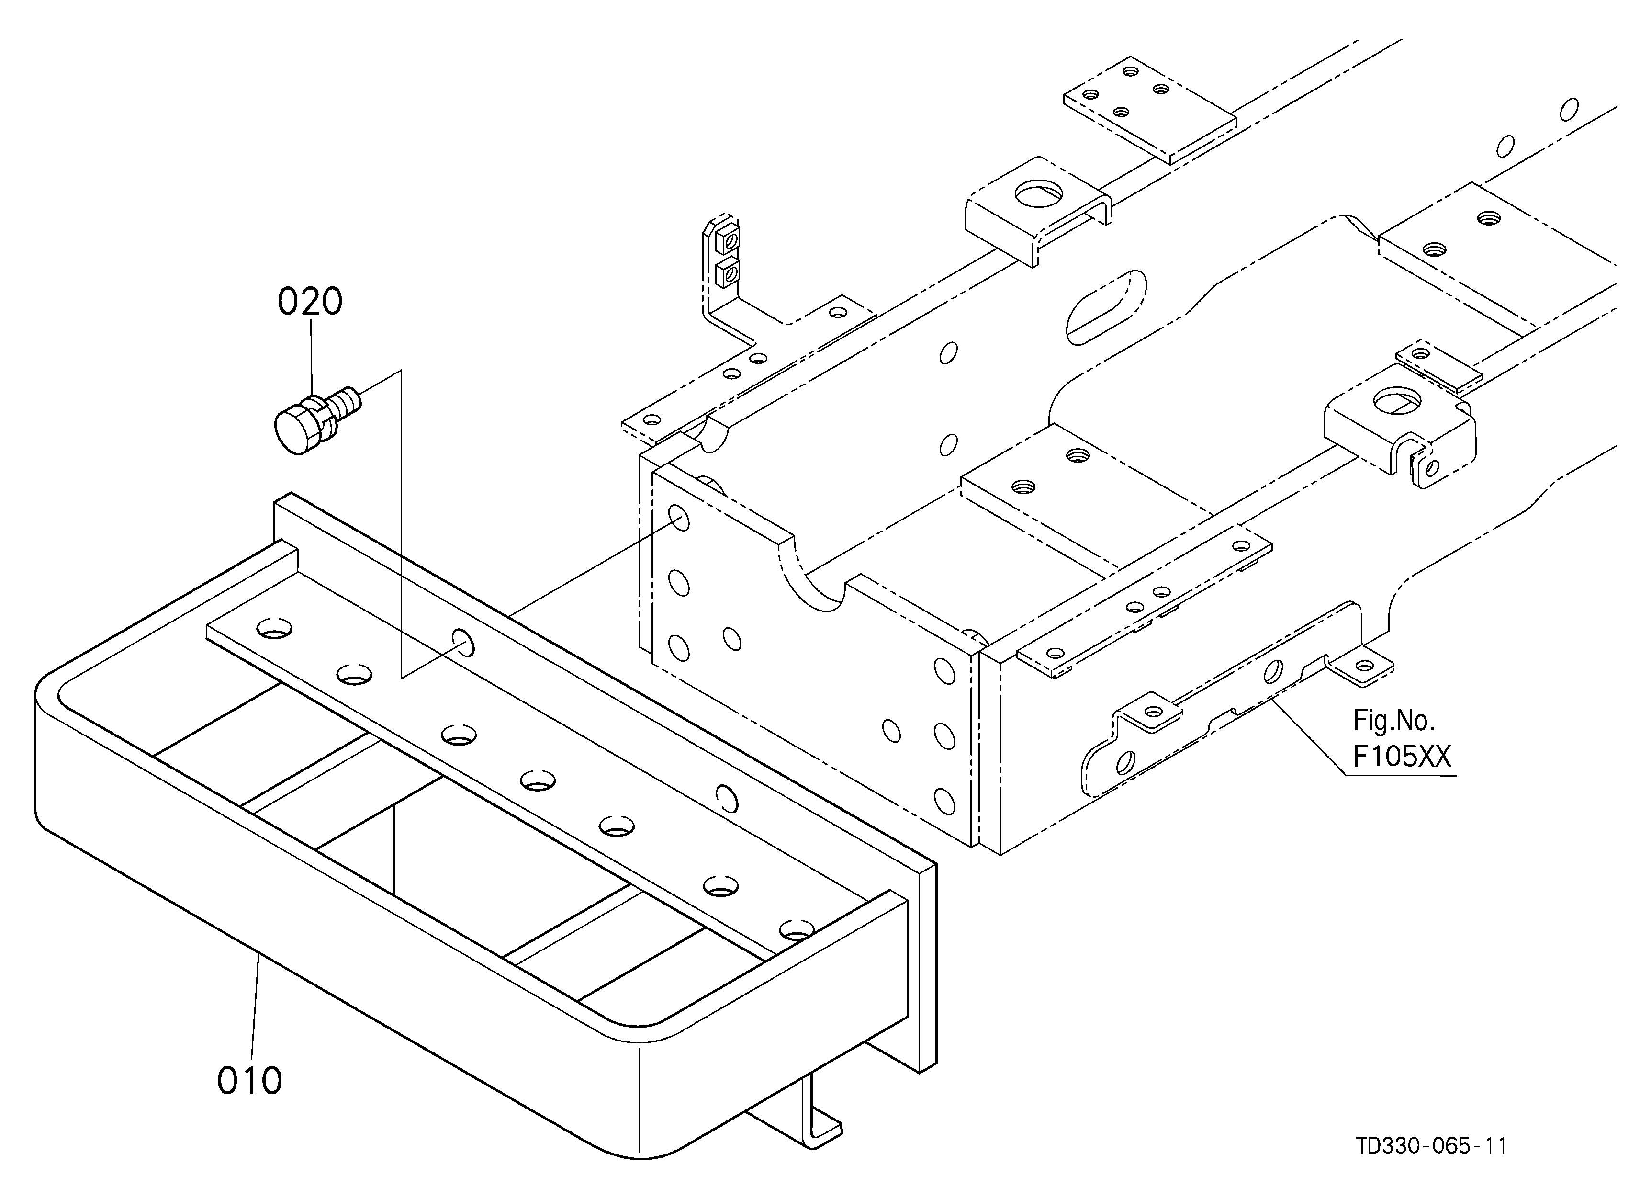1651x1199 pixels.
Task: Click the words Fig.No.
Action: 1393,720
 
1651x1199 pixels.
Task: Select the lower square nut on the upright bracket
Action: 728,273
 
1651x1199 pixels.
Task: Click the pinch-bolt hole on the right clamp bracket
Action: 1432,466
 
